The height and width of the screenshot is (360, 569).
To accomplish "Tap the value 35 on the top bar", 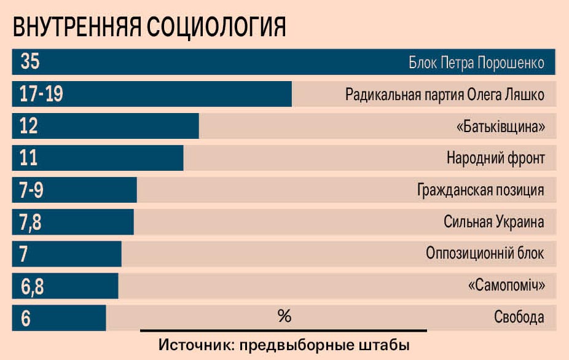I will pyautogui.click(x=30, y=62).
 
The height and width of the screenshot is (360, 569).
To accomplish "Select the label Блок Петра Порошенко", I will pyautogui.click(x=476, y=63).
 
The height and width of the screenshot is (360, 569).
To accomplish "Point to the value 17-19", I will pyautogui.click(x=41, y=95).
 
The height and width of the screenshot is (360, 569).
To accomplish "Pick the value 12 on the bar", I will pyautogui.click(x=29, y=126).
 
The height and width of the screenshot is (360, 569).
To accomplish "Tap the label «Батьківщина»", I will pyautogui.click(x=501, y=127).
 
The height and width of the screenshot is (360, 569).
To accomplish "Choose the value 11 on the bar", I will pyautogui.click(x=28, y=158).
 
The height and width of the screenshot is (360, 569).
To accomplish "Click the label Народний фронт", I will pyautogui.click(x=495, y=158).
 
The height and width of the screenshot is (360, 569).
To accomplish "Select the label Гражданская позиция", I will pyautogui.click(x=481, y=190).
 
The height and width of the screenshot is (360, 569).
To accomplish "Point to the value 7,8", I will pyautogui.click(x=31, y=222).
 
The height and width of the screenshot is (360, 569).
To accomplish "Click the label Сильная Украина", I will pyautogui.click(x=494, y=222).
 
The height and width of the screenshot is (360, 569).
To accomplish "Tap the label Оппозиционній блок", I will pyautogui.click(x=485, y=254).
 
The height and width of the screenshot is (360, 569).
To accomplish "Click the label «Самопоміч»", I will pyautogui.click(x=506, y=286).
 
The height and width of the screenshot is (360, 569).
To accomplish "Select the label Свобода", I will pyautogui.click(x=519, y=318).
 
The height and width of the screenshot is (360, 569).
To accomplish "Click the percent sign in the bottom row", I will pyautogui.click(x=284, y=316).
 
